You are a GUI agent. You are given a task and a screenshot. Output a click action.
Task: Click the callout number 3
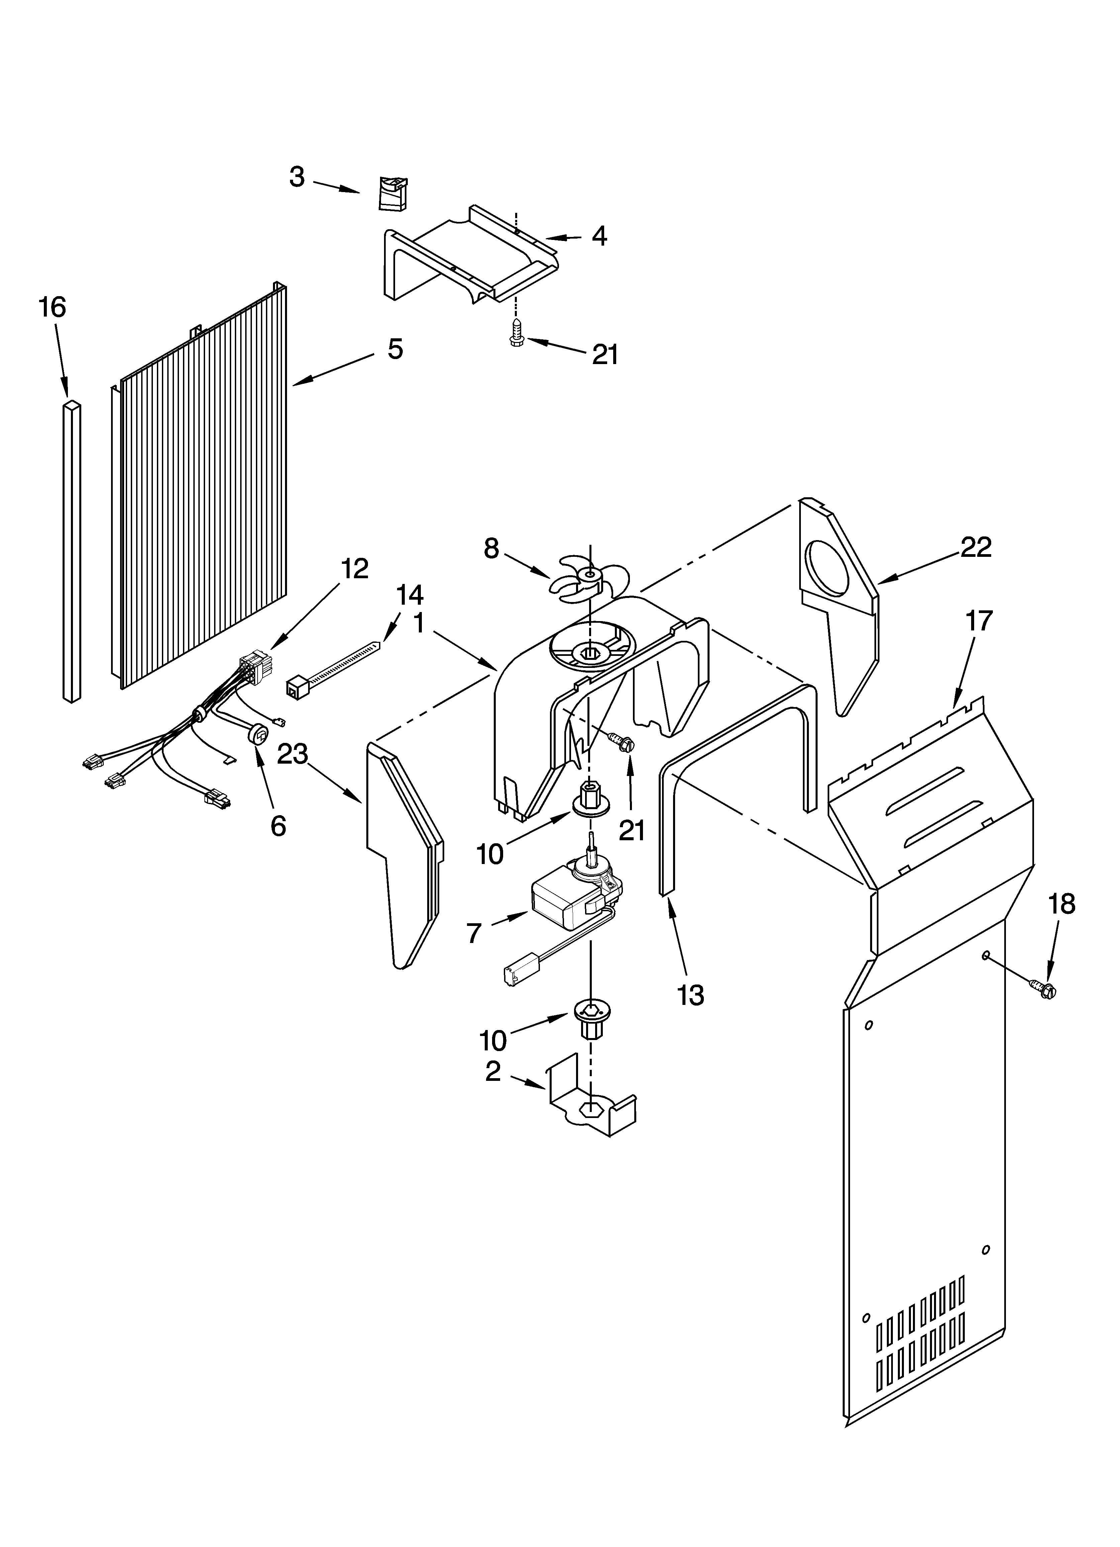point(297,177)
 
